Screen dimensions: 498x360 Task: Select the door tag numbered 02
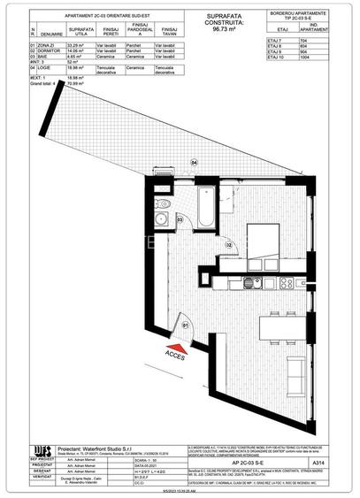pos(227,243)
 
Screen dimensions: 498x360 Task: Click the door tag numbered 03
pos(180,219)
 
